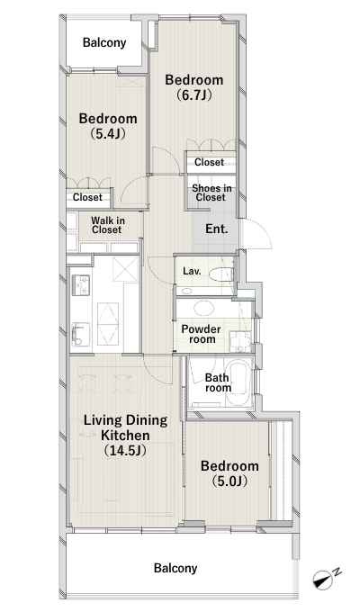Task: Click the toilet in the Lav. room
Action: pos(220,274)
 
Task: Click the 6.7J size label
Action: pos(194,94)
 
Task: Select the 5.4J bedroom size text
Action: pos(108,134)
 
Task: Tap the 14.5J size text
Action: pos(125,450)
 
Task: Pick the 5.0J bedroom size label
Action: pos(229,481)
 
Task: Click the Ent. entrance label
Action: pos(217,229)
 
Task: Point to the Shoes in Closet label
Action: pos(211,193)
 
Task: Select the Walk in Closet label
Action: pos(108,225)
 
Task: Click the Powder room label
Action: pos(201,334)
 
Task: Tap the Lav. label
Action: pos(192,271)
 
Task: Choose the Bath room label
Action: pos(218,382)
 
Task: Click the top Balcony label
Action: pos(104,42)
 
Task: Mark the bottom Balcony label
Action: pos(175,568)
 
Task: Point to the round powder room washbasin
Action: pos(204,308)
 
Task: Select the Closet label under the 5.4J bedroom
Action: pos(87,197)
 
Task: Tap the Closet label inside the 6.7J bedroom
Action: pos(210,162)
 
